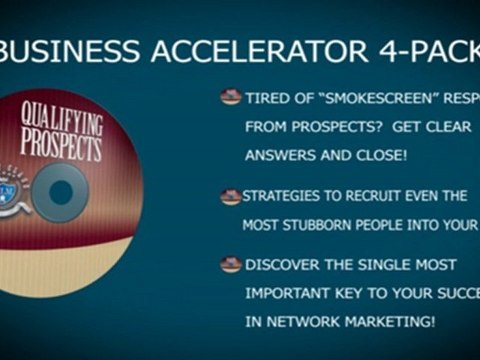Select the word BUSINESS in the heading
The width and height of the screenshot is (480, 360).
click(70, 50)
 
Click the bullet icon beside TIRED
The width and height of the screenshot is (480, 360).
click(230, 98)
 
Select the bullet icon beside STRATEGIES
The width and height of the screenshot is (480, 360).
click(230, 197)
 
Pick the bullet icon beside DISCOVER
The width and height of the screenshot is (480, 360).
click(230, 265)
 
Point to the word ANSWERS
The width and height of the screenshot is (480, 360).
click(278, 156)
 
